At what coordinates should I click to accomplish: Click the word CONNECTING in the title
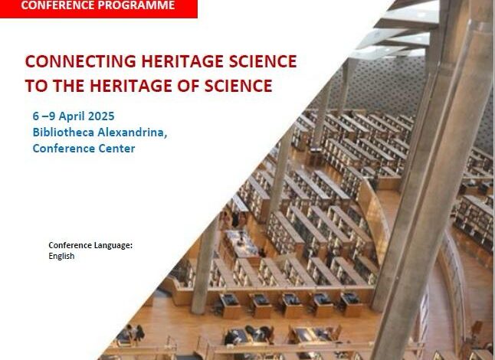point(80,61)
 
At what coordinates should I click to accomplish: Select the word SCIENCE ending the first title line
point(263,61)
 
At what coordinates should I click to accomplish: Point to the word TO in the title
point(36,86)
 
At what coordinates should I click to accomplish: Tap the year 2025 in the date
point(101,116)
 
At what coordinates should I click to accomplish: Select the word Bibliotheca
point(64,133)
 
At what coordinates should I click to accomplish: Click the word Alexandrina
point(133,133)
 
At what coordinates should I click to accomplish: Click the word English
point(61,256)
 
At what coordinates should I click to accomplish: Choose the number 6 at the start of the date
point(36,116)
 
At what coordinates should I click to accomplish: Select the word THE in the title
point(69,86)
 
